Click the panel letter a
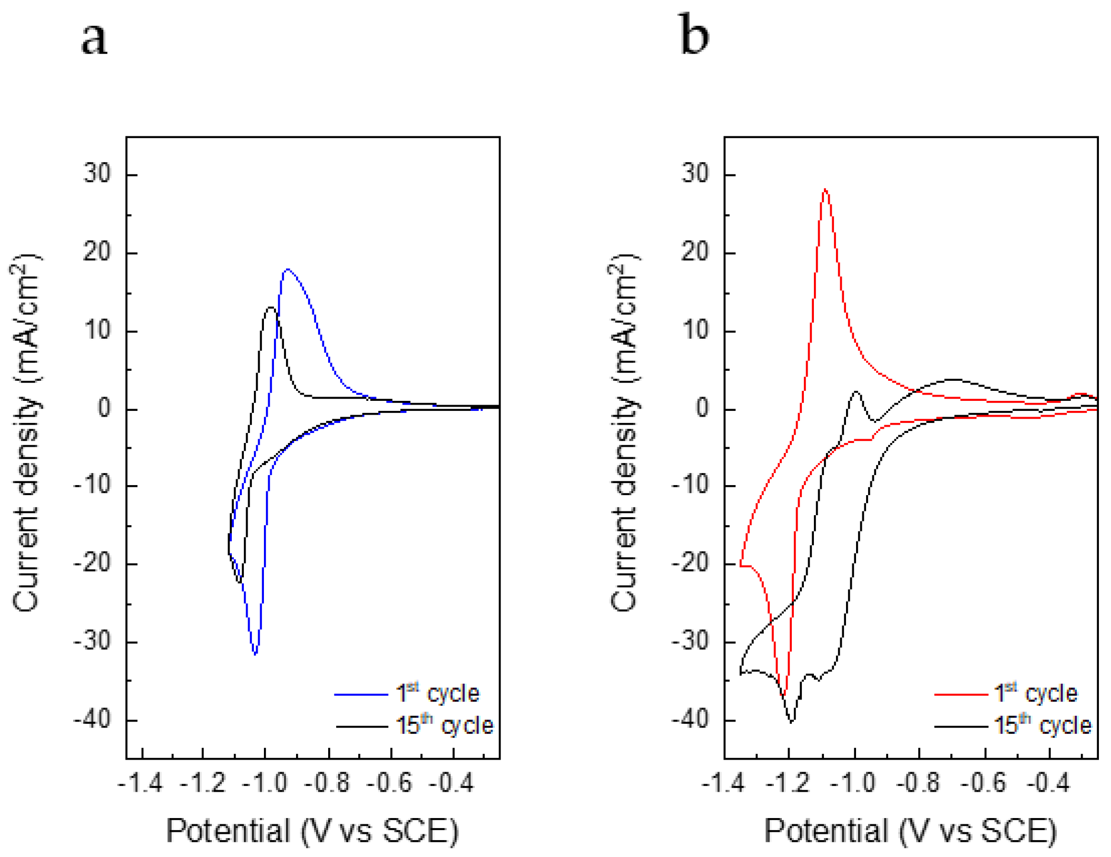[94, 39]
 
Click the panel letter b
[693, 35]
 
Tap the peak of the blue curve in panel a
[287, 270]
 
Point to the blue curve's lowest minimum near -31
[255, 654]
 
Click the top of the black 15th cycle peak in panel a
[271, 308]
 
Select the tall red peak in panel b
[825, 190]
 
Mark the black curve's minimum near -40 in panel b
[792, 721]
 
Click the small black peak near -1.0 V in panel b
[856, 392]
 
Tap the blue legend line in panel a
[361, 695]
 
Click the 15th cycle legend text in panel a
[444, 726]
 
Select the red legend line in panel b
[960, 695]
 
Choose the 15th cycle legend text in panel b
[1043, 726]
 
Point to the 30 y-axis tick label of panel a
[97, 173]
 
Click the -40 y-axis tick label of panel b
[690, 720]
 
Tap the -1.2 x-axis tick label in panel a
[203, 784]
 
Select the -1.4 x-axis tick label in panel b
[723, 784]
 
